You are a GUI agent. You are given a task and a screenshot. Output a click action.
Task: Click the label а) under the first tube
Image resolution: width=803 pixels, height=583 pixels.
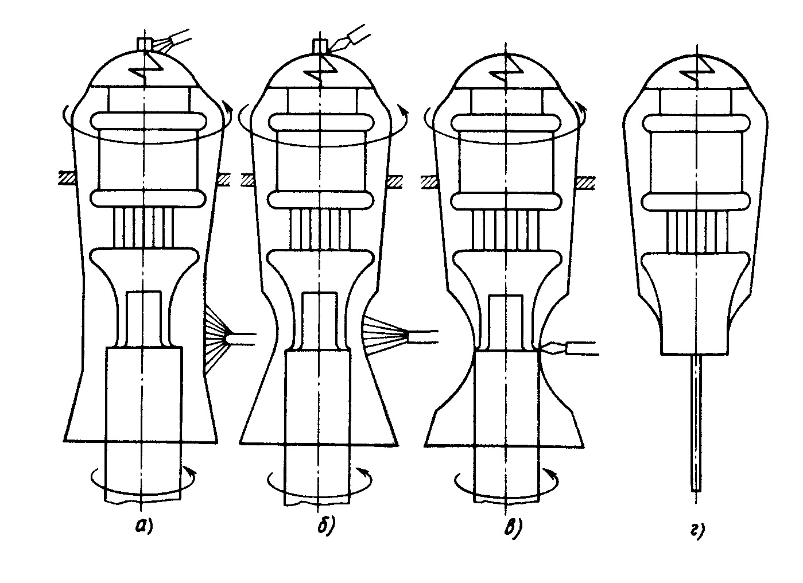tap(144, 526)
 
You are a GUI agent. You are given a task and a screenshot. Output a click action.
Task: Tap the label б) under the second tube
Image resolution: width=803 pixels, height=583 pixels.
tap(326, 526)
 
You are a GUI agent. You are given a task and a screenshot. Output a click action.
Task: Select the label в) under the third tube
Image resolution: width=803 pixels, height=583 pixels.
tap(513, 527)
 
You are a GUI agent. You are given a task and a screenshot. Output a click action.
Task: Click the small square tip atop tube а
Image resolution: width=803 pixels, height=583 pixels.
tap(145, 45)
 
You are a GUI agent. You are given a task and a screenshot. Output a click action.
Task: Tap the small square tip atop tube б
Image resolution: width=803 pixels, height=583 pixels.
tap(321, 46)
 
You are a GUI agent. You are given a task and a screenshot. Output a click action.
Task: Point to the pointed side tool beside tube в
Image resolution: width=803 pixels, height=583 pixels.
tap(570, 349)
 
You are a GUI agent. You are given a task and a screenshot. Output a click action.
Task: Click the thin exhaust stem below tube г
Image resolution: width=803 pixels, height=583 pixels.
tap(696, 423)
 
